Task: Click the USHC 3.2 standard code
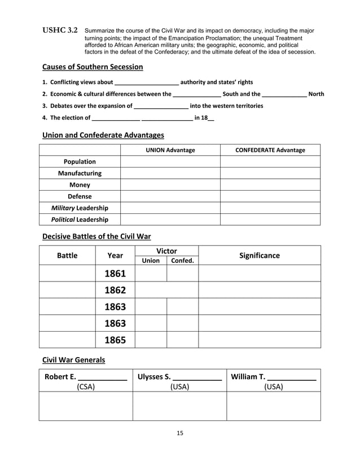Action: click(60, 30)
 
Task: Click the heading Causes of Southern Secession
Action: click(93, 67)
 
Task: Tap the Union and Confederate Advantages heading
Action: click(103, 135)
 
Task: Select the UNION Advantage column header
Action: click(170, 150)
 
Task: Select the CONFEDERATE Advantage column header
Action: click(270, 150)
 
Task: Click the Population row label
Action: click(80, 161)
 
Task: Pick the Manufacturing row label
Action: click(80, 173)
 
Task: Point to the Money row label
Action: click(80, 184)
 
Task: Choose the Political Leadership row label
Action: click(80, 219)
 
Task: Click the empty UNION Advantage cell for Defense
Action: click(170, 196)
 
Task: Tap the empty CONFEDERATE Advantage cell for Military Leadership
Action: click(270, 208)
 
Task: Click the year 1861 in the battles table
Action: click(115, 274)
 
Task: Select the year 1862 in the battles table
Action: click(115, 290)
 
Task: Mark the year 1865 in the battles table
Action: click(115, 340)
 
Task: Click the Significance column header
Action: click(260, 256)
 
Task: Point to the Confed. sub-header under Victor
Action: click(182, 261)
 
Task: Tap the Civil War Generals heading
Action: click(74, 359)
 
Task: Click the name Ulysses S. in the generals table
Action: click(154, 377)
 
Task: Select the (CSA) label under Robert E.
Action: click(86, 386)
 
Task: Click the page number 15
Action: click(180, 433)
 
